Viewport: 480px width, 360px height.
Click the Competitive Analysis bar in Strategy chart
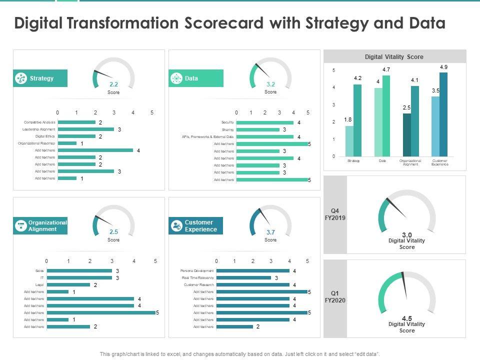tap(76, 122)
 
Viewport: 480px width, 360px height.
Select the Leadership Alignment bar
tap(86, 129)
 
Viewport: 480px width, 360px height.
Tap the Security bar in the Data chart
tap(265, 122)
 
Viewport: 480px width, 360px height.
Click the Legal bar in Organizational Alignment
tap(68, 284)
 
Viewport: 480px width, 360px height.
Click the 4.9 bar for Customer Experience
tap(443, 114)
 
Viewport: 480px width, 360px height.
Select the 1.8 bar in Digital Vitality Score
tap(349, 141)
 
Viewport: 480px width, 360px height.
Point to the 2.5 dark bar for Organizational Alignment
tap(407, 135)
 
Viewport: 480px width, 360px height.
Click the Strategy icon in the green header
tap(21, 78)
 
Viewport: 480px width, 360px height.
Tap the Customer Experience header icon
tap(176, 226)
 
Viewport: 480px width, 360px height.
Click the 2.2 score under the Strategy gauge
tap(113, 84)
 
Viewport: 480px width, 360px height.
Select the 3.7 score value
tap(270, 232)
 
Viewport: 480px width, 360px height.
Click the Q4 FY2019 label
tap(335, 214)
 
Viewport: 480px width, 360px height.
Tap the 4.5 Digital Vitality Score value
tap(407, 318)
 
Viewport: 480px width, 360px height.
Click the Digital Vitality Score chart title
tap(394, 57)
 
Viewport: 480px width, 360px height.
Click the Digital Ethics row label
tap(45, 136)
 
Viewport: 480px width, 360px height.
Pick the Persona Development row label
tap(197, 270)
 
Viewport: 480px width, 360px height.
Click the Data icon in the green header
tap(176, 78)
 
